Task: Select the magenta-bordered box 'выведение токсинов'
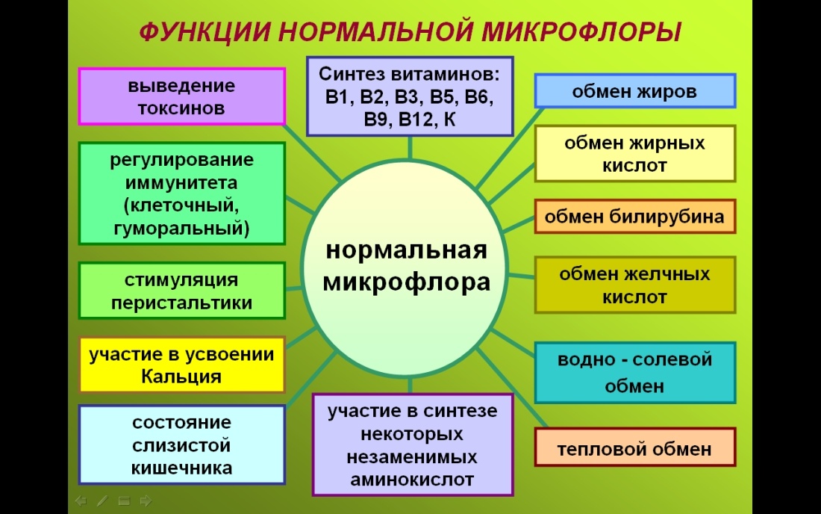point(182,96)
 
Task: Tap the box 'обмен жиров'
point(635,92)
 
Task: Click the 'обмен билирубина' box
point(634,217)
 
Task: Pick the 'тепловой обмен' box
point(634,450)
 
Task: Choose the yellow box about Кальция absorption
point(182,365)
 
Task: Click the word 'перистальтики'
point(182,303)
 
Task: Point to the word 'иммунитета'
point(182,182)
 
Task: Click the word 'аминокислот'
point(413,480)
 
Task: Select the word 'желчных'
point(669,273)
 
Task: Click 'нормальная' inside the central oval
point(407,250)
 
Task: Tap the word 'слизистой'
point(182,446)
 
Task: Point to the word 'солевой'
point(672,359)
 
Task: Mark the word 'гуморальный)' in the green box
point(182,228)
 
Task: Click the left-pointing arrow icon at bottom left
point(81,500)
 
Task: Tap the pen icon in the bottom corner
point(102,500)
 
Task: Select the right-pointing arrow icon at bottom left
point(146,500)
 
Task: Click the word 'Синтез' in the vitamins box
point(350,74)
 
